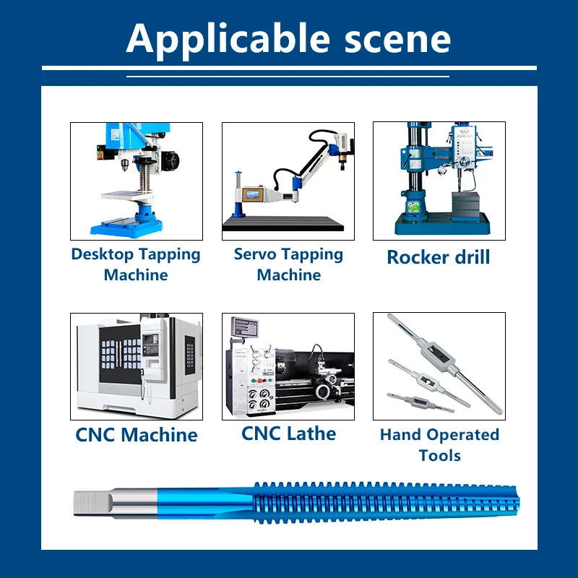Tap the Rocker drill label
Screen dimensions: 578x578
pyautogui.click(x=439, y=257)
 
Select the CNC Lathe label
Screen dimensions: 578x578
pyautogui.click(x=288, y=433)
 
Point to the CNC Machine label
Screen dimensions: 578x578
pyautogui.click(x=137, y=435)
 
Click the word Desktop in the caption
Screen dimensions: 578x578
pyautogui.click(x=103, y=255)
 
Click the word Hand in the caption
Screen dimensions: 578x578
pyautogui.click(x=401, y=434)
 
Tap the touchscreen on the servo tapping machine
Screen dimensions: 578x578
pyautogui.click(x=251, y=195)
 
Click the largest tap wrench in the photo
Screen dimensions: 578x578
pyautogui.click(x=445, y=363)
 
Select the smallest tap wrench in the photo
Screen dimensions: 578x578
pyautogui.click(x=420, y=402)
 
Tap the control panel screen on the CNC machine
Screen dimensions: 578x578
pyautogui.click(x=150, y=340)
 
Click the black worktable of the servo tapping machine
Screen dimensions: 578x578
pyautogui.click(x=283, y=223)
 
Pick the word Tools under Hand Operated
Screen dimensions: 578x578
pyautogui.click(x=440, y=456)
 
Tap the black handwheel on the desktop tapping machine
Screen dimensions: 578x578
pyautogui.click(x=171, y=160)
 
